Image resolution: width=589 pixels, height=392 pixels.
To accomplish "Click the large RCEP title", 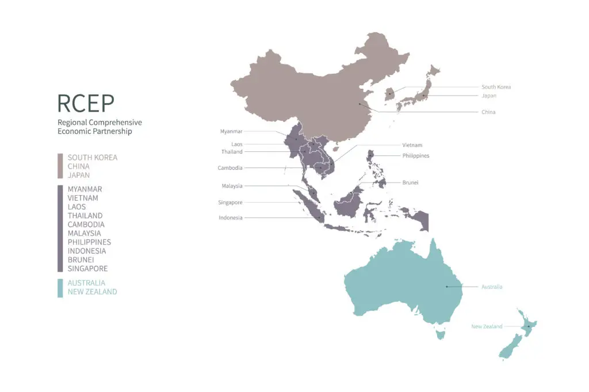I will [86, 103].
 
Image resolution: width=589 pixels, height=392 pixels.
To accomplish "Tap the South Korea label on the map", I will [496, 87].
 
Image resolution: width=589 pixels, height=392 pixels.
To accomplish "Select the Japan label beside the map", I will [489, 96].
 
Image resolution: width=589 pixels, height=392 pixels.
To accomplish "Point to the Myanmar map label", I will [231, 131].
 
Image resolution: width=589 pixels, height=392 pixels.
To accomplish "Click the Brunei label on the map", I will [410, 182].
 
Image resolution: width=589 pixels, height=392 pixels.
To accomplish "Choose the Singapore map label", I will [230, 203].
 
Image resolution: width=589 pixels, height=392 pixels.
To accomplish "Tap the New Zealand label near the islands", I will [487, 326].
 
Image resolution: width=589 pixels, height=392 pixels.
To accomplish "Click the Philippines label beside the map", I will [415, 155].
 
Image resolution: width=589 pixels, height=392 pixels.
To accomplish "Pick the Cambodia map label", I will [230, 168].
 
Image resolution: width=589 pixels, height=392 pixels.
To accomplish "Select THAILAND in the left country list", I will [85, 215].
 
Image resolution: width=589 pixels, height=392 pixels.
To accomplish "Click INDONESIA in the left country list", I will [87, 251].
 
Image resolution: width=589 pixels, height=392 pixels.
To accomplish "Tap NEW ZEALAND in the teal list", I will [92, 292].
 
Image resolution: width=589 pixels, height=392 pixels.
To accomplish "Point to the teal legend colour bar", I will [60, 287].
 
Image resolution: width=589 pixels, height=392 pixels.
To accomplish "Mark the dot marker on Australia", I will [446, 287].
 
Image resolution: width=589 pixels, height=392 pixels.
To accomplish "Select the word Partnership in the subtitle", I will [112, 131].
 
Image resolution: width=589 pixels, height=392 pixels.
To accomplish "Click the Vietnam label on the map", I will [412, 145].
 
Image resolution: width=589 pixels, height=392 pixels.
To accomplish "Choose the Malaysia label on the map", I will [232, 186].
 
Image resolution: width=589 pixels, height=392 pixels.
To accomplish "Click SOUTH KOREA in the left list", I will [92, 158].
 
